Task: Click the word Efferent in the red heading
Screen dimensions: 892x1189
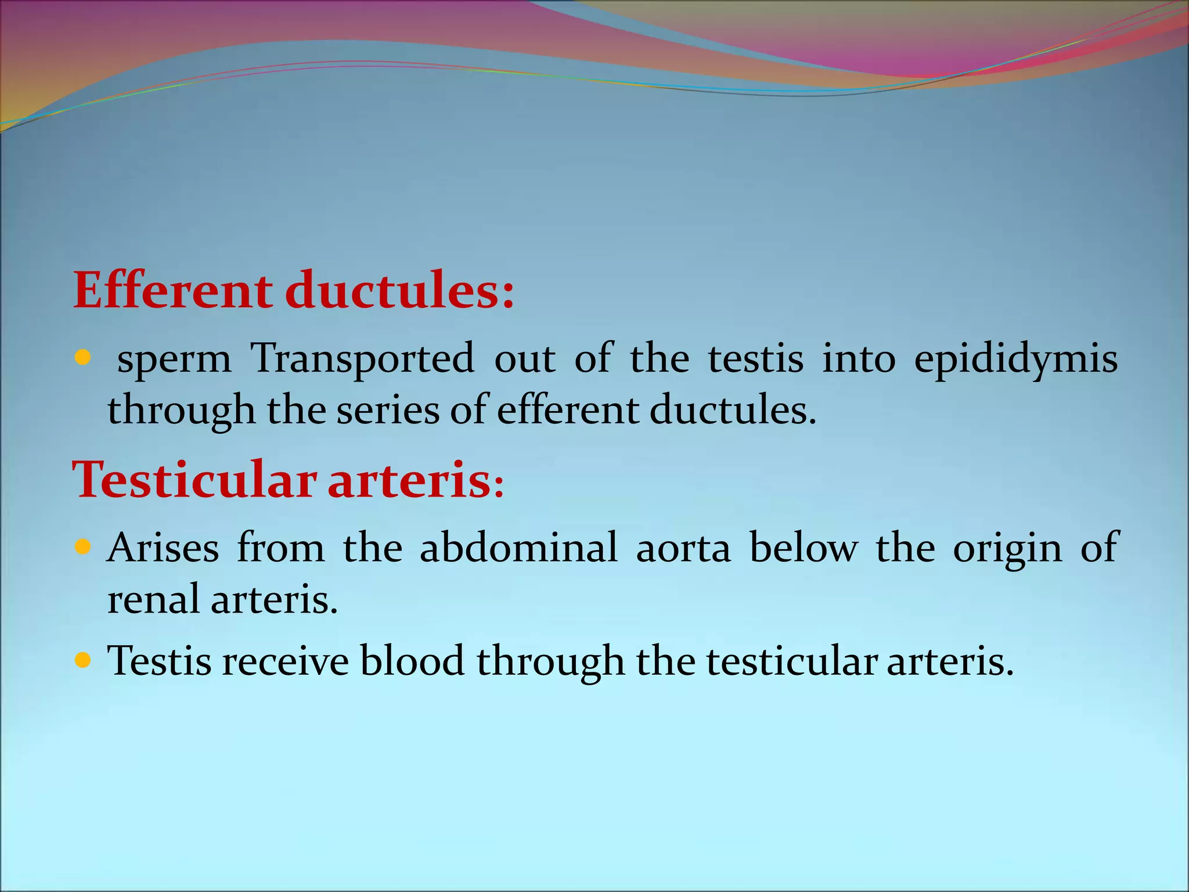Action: click(x=172, y=290)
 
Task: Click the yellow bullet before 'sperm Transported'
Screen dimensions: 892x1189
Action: click(x=83, y=357)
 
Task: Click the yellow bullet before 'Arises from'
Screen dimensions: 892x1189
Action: click(x=83, y=546)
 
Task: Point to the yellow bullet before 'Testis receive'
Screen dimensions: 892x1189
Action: click(x=83, y=660)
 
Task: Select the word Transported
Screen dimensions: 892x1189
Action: click(x=362, y=359)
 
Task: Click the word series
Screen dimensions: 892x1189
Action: click(x=388, y=410)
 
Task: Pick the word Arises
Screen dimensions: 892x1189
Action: click(x=163, y=548)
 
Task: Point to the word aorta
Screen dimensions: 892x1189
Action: click(x=683, y=549)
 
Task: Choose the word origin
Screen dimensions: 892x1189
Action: click(x=1007, y=549)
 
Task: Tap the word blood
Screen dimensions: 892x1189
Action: click(x=412, y=661)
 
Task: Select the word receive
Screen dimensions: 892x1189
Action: click(x=286, y=661)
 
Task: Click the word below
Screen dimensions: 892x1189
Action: click(x=803, y=548)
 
